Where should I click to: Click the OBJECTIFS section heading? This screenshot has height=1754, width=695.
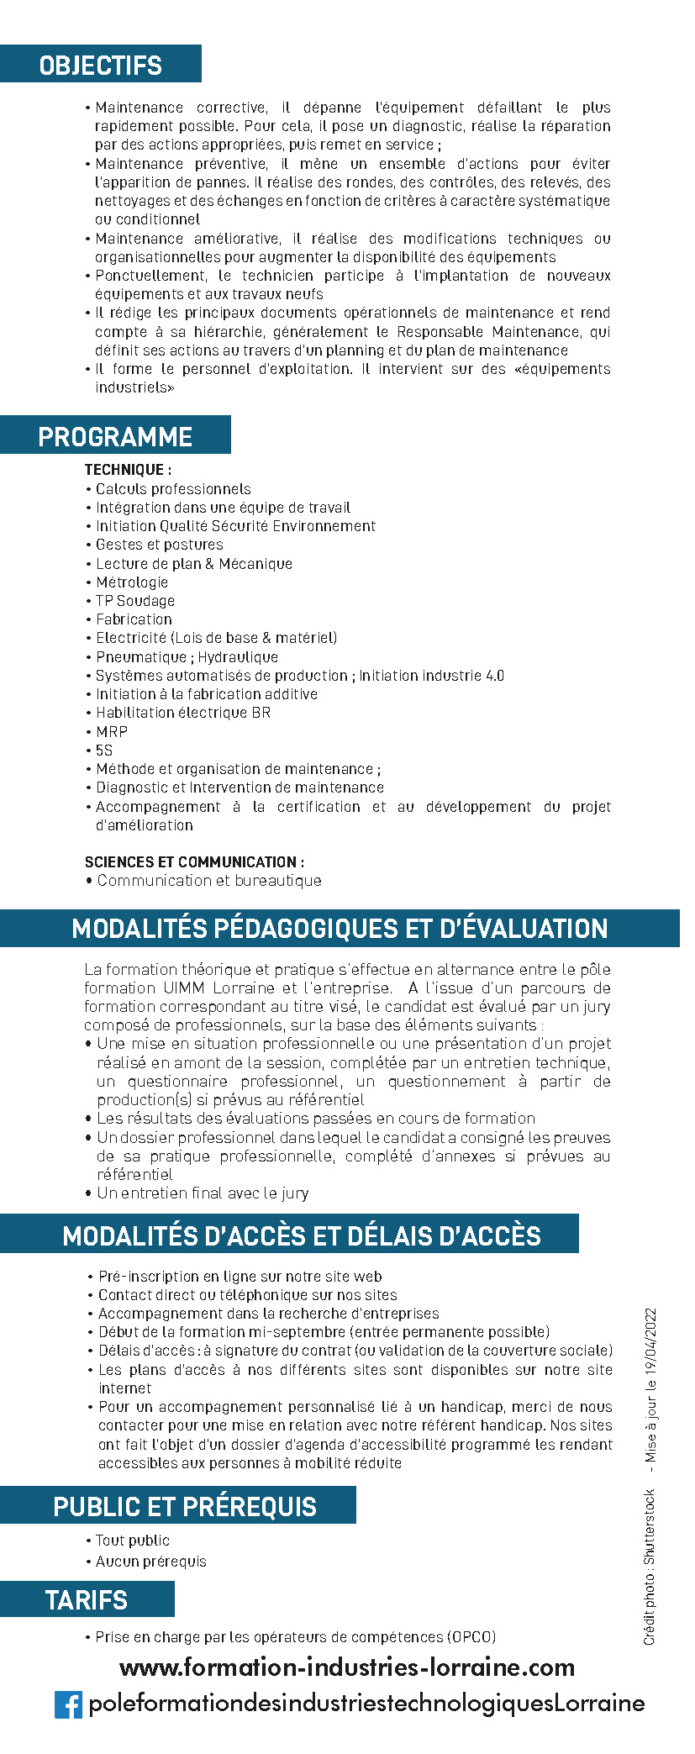pos(101,65)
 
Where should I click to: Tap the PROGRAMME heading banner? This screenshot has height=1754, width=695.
pos(115,436)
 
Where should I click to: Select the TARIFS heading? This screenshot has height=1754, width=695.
pos(87,1600)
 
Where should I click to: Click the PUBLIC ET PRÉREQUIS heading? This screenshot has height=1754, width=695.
pos(185,1506)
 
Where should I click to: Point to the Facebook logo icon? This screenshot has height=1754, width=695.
pos(69,1704)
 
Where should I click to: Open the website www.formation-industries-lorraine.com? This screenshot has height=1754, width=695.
pos(347,1667)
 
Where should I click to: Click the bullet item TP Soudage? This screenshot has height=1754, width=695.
pos(135,601)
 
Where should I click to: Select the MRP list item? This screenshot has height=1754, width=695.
pos(112,731)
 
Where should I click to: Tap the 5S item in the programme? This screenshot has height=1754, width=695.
pos(104,751)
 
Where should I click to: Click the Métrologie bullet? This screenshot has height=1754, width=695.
pos(132,582)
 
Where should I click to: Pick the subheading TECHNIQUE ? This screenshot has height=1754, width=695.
pos(128,470)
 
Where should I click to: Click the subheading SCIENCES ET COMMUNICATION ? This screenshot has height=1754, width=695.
pos(194,861)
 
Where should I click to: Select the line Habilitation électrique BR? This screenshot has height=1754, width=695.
pos(183,713)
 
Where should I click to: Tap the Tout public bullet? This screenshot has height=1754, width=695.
pos(133,1541)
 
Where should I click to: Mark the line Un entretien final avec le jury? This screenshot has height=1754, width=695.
pos(203,1193)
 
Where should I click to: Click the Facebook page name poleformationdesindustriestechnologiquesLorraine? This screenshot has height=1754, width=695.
pos(366,1704)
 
